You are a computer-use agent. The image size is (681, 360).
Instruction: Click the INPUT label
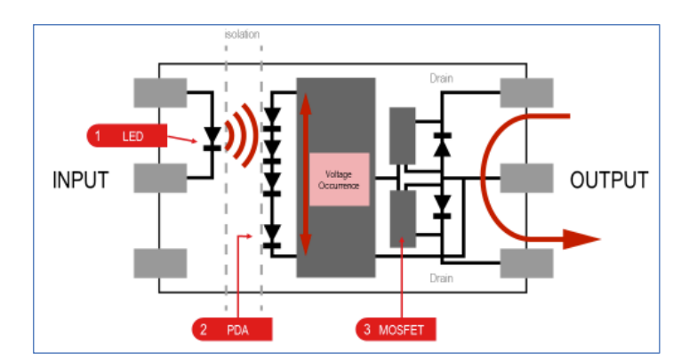tap(81, 180)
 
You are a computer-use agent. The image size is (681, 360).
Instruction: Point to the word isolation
tap(243, 35)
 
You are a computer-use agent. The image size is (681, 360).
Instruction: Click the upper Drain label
tap(440, 78)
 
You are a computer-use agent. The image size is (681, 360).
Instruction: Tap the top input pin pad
tap(160, 92)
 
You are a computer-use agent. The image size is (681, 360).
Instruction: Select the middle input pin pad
tap(160, 178)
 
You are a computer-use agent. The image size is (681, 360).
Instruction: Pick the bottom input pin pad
tap(160, 263)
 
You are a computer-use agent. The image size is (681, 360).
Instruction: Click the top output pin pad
tap(526, 92)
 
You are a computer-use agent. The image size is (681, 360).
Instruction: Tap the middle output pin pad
tap(526, 178)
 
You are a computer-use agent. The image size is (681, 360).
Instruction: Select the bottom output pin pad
tap(526, 263)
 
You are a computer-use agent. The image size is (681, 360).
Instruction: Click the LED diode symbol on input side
tap(212, 137)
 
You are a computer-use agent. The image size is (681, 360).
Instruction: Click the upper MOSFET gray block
tap(403, 135)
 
